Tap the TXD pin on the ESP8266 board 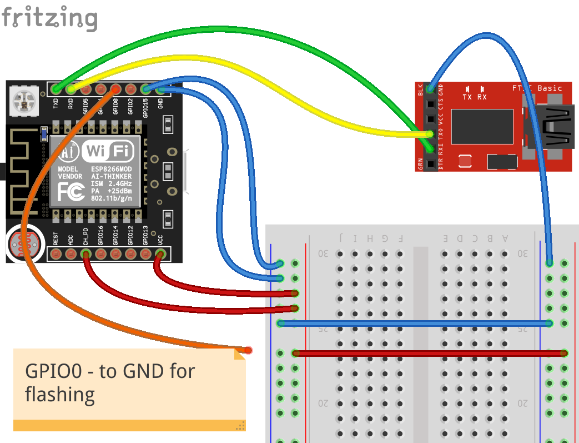56,89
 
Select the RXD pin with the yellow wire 71,89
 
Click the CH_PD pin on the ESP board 85,255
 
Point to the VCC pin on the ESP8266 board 160,255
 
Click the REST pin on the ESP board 56,255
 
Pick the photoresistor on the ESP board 21,242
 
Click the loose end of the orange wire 248,350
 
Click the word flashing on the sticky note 60,395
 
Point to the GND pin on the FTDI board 430,89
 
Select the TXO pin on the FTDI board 430,134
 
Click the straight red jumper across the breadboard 430,353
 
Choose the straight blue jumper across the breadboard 414,323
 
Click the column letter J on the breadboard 340,238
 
